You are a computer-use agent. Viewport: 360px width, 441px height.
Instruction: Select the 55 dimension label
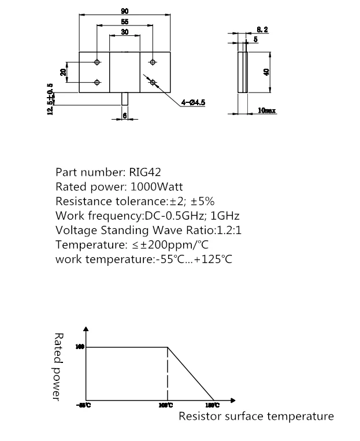click(125, 21)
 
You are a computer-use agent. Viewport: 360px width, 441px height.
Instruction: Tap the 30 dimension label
click(125, 33)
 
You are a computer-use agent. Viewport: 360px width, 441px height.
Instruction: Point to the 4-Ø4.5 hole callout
click(193, 102)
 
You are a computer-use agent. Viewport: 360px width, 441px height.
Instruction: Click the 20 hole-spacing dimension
click(63, 72)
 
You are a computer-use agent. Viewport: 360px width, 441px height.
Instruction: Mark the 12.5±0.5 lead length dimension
click(50, 99)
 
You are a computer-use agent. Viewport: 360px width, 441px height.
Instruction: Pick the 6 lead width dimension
click(125, 115)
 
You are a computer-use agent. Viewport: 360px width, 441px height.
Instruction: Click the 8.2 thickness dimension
click(262, 29)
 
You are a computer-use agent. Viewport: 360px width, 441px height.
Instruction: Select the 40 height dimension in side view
click(266, 72)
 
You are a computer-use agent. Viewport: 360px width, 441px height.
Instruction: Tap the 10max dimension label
click(266, 110)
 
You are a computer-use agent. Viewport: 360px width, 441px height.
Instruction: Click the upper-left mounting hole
click(97, 62)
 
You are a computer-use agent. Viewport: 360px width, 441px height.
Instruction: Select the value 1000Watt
click(157, 187)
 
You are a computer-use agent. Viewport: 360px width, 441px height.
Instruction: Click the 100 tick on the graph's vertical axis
click(80, 347)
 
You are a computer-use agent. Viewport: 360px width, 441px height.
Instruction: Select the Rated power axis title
click(58, 365)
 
